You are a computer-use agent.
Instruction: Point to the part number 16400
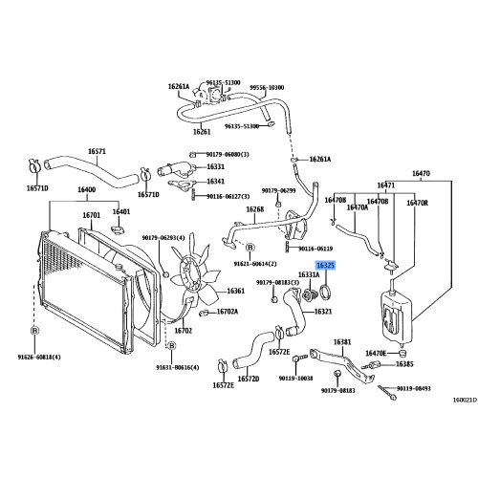coord(88,191)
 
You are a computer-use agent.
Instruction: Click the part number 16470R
coord(419,203)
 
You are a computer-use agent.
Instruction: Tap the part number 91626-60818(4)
coord(44,357)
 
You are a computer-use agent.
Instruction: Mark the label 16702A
coord(228,312)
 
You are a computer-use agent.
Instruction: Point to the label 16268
coord(254,208)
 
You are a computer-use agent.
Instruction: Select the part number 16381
coord(342,341)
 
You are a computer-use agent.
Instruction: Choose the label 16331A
coord(309,274)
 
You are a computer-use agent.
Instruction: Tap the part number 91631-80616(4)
coord(179,366)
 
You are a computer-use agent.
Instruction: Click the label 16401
coord(121,211)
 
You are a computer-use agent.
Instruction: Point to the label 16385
coord(405,364)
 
